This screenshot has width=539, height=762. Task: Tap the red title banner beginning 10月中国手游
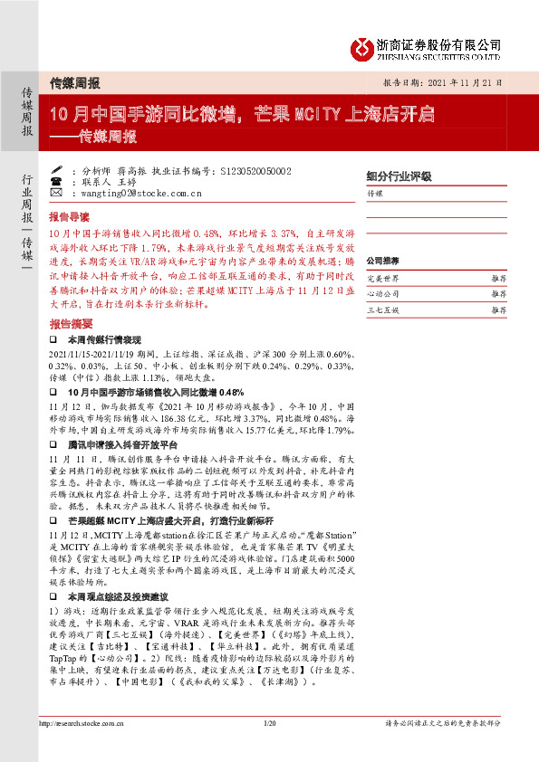[243, 115]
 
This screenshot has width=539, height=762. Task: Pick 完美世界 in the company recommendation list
[382, 280]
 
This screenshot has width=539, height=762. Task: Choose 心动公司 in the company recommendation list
[382, 294]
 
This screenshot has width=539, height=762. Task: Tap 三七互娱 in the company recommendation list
[382, 310]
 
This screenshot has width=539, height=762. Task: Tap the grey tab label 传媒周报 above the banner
[74, 81]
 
